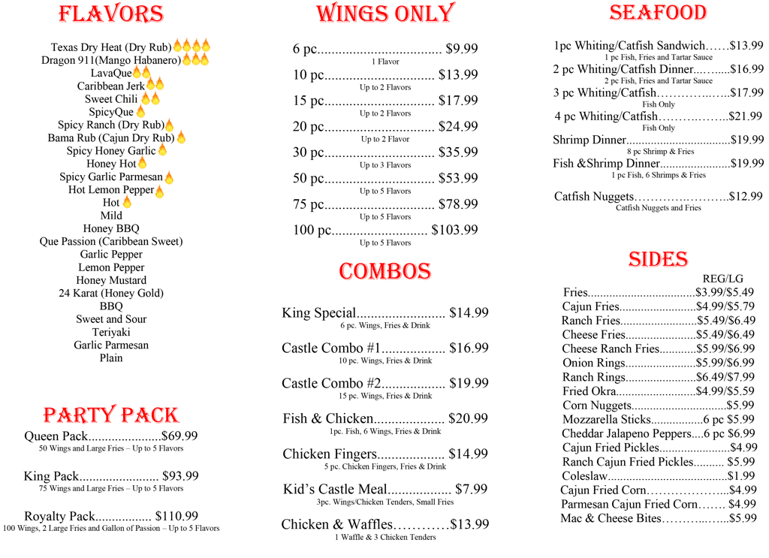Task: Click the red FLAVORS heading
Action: coord(111,15)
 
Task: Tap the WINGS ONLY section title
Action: coord(384,14)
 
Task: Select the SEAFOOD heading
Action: coord(658,13)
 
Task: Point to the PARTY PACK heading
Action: coord(111,415)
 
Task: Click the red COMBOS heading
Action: coord(384,271)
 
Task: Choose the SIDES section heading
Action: coord(658,260)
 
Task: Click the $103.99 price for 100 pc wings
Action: coord(454,230)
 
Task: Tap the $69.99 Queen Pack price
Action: coord(179,436)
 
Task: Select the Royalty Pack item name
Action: coord(60,517)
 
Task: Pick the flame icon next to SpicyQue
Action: coord(140,112)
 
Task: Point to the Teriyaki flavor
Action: coord(111,332)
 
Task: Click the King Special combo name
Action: coord(318,313)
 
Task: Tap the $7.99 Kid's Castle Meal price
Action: coord(471,490)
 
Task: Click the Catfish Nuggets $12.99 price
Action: coord(746,197)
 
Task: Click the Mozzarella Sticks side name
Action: coord(606,420)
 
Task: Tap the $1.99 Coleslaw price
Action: coord(741,476)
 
